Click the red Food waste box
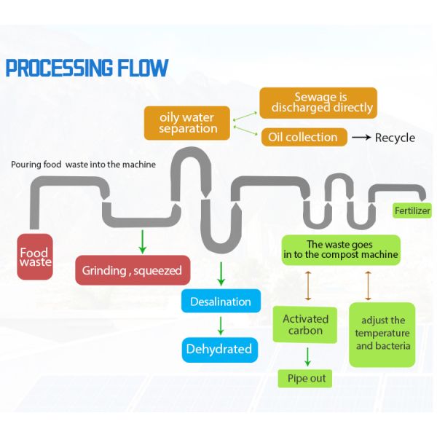[x=35, y=257]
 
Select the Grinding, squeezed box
[x=133, y=270]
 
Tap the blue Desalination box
[x=220, y=302]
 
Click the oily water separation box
[x=188, y=122]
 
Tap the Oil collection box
[x=302, y=137]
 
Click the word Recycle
[x=395, y=138]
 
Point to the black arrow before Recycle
[x=361, y=138]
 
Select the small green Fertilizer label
[x=412, y=211]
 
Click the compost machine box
[x=342, y=250]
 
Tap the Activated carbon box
[x=305, y=325]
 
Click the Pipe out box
[x=305, y=378]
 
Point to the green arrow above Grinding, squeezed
[x=143, y=240]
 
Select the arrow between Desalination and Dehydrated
[x=220, y=325]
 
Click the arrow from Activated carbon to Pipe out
[x=307, y=357]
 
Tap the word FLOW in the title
[x=141, y=68]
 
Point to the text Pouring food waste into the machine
[x=83, y=165]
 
